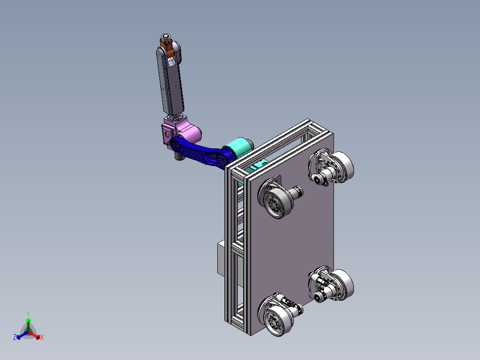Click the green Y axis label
click(28, 314)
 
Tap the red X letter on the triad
click(42, 337)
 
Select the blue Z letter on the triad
click(14, 337)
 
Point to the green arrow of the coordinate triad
click(28, 324)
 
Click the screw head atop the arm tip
click(166, 37)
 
